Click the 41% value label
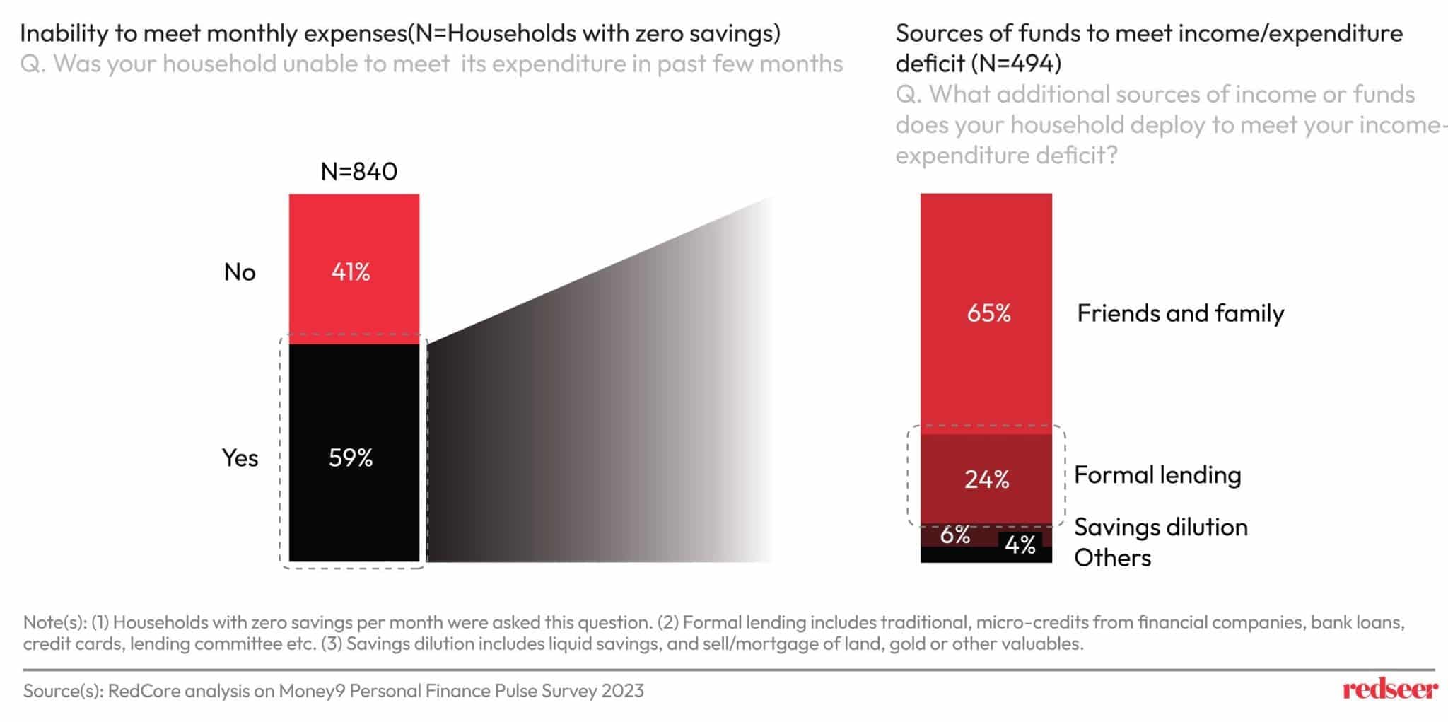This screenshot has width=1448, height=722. pyautogui.click(x=351, y=272)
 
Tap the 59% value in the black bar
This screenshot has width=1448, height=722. pyautogui.click(x=351, y=458)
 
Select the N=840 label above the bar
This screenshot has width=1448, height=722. pyautogui.click(x=358, y=171)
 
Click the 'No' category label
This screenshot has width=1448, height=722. pyautogui.click(x=240, y=272)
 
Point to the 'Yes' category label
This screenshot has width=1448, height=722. pyautogui.click(x=240, y=458)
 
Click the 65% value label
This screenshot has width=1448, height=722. pyautogui.click(x=988, y=313)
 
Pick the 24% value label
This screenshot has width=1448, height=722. pyautogui.click(x=986, y=479)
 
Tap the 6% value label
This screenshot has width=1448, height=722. pyautogui.click(x=954, y=535)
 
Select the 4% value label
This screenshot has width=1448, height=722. pyautogui.click(x=1020, y=545)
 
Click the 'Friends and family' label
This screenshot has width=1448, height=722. pyautogui.click(x=1180, y=313)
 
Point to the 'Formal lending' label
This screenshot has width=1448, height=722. pyautogui.click(x=1157, y=474)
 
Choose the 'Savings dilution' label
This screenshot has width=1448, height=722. pyautogui.click(x=1161, y=527)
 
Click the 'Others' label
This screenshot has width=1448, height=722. pyautogui.click(x=1112, y=558)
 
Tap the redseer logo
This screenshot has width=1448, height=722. pyautogui.click(x=1389, y=689)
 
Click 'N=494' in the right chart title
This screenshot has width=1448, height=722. pyautogui.click(x=1015, y=64)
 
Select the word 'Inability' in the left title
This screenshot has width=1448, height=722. pyautogui.click(x=64, y=33)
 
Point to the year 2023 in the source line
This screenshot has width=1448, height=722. pyautogui.click(x=623, y=690)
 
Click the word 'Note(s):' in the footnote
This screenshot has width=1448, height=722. pyautogui.click(x=54, y=622)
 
